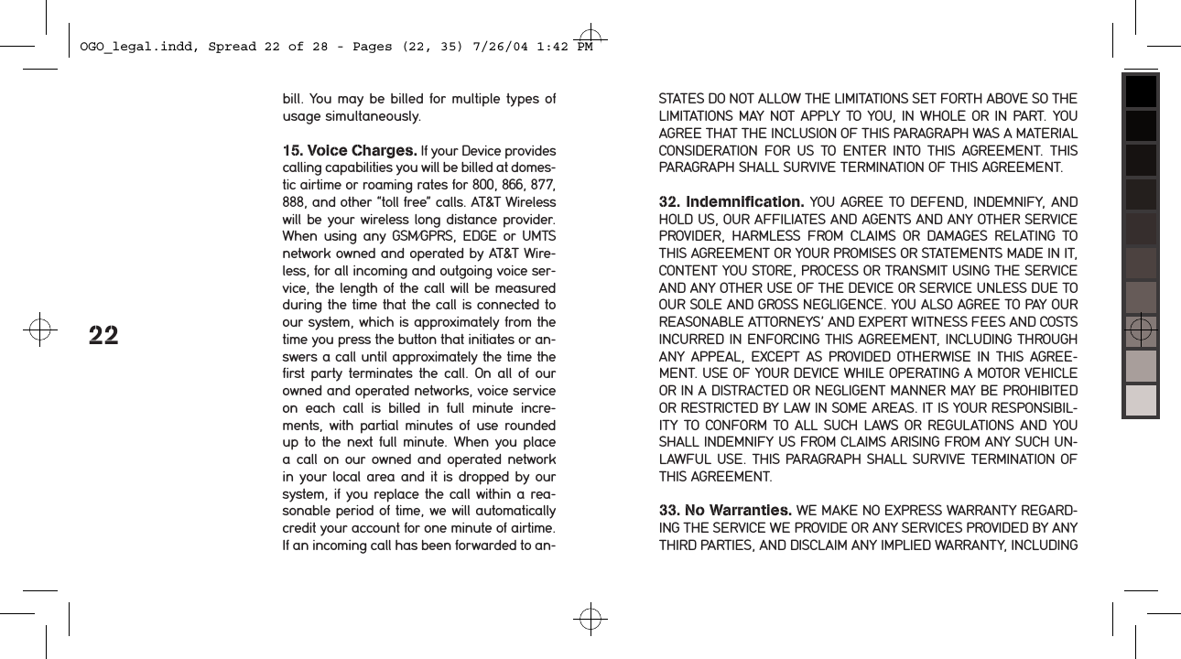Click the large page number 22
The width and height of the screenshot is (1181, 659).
103,336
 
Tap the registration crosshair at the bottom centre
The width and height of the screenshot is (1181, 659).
590,620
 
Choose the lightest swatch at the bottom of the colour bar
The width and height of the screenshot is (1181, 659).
1141,400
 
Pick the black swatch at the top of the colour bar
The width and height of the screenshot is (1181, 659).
1141,92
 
